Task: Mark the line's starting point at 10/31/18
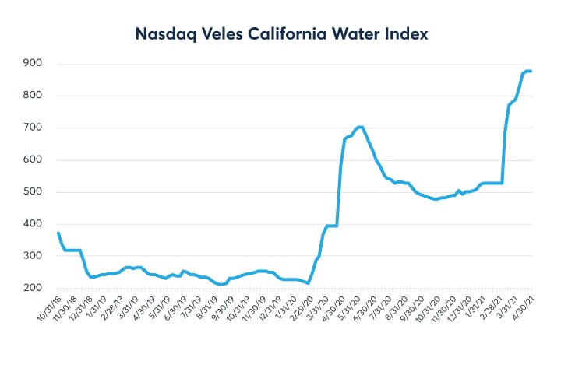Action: pyautogui.click(x=58, y=233)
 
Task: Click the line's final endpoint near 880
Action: pyautogui.click(x=531, y=72)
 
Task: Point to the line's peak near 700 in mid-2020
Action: pyautogui.click(x=360, y=127)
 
